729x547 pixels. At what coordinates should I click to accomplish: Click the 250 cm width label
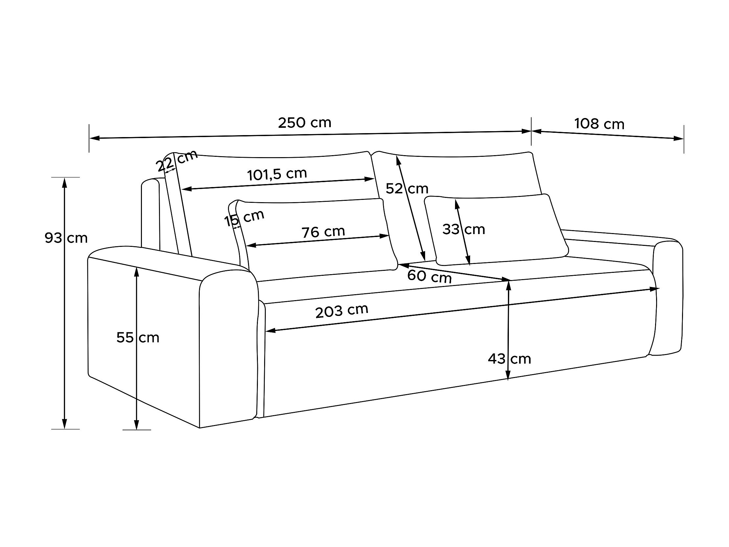[x=304, y=123]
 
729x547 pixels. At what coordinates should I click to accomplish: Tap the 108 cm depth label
[x=599, y=124]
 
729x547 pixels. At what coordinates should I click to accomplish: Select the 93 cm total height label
[x=66, y=238]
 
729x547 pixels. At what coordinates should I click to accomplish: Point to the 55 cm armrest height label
[x=138, y=338]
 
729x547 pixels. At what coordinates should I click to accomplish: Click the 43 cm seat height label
[x=509, y=359]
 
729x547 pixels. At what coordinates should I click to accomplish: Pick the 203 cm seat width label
[x=341, y=311]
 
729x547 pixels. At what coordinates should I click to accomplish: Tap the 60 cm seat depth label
[x=429, y=276]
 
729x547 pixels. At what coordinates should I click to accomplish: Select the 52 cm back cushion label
[x=407, y=189]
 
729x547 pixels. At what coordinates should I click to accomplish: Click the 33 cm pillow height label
[x=463, y=229]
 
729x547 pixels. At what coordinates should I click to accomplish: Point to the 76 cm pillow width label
[x=323, y=232]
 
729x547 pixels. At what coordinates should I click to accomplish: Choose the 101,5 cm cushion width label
[x=277, y=174]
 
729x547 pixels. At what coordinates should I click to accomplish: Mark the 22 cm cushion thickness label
[x=177, y=160]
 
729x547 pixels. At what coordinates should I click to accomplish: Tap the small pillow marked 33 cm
[x=514, y=231]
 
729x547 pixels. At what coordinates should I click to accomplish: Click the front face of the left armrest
[x=228, y=346]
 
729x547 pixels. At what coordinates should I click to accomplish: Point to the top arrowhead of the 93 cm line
[x=65, y=182]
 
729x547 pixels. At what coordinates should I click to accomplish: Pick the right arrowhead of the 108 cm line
[x=679, y=138]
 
